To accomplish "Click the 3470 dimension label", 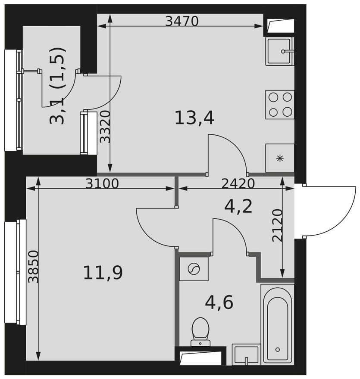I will coord(182,21).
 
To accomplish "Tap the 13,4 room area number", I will coord(194,118).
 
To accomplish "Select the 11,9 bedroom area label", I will coord(103,273).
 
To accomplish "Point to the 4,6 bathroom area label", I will coord(219,303).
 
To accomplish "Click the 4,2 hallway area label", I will coord(238,207).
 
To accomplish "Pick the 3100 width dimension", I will coord(102,184).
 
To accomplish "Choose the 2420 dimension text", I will coord(238,184).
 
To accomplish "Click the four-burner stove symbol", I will coord(280,105).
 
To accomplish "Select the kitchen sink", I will coord(279,51).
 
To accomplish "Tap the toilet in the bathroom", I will coord(200,332).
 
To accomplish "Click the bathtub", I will coord(277,323).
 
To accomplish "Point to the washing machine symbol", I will coord(194,269).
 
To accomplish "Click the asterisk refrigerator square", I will coord(280,158).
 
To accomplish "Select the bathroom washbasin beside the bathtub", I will coord(246,354).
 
